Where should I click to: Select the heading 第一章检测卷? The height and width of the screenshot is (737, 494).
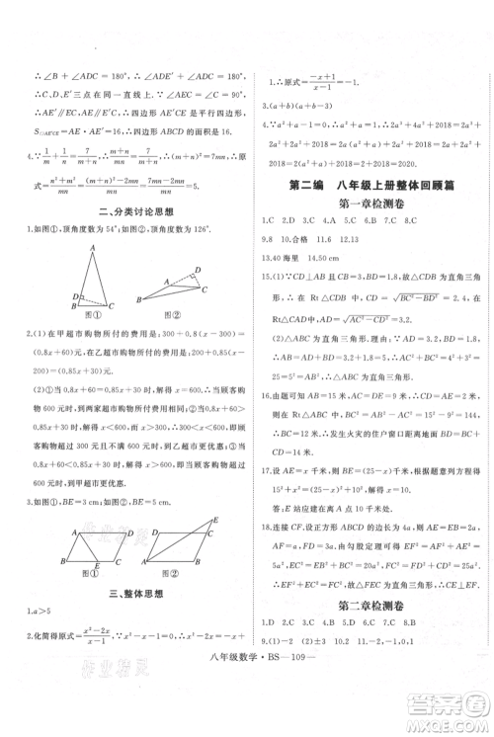click(368, 204)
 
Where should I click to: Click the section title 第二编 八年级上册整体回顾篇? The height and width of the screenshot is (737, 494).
click(368, 182)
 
